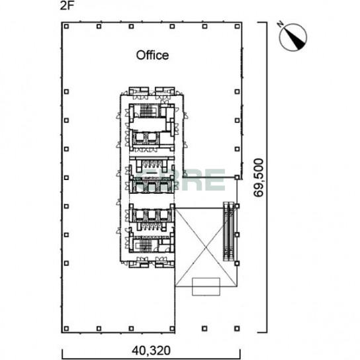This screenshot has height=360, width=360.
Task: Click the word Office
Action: [152, 56]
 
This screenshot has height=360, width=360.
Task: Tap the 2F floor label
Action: [67, 5]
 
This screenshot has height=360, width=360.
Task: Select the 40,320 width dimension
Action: [151, 350]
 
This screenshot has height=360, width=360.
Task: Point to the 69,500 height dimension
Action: [259, 177]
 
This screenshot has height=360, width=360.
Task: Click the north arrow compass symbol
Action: [292, 37]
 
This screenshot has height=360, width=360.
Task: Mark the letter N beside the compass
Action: [280, 24]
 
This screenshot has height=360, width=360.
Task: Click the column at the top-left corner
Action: [66, 26]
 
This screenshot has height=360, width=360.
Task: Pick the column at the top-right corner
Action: [237, 26]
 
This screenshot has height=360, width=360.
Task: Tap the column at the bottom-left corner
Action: [66, 328]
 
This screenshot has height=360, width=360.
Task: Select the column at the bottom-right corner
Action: [237, 328]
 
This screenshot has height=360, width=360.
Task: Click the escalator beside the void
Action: [229, 232]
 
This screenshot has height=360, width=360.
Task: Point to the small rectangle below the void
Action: [206, 287]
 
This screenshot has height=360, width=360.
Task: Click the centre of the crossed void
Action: [206, 247]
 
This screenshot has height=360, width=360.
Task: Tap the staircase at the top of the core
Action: [146, 111]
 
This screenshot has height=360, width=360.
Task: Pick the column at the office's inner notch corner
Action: [237, 177]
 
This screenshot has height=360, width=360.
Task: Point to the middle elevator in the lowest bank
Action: [152, 215]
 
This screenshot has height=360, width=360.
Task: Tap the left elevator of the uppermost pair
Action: [140, 137]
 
